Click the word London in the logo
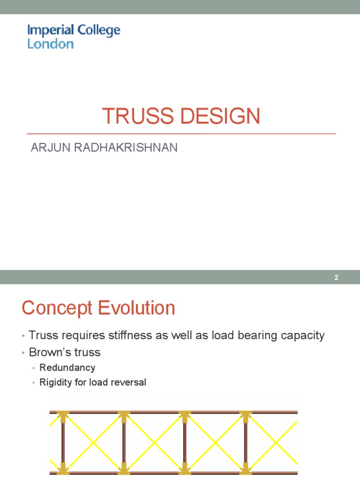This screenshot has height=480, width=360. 51,44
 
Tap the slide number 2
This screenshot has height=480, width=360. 336,277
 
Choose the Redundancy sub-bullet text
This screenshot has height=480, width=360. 67,367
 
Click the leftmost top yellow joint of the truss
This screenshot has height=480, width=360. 63,414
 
